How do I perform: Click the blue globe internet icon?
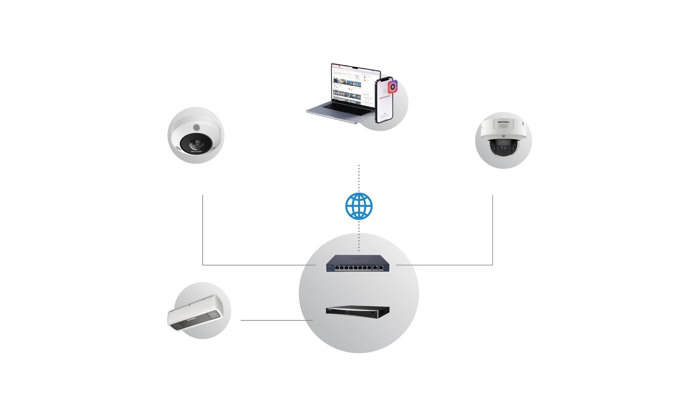tap(359, 206)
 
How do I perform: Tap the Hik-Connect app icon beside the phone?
tap(393, 86)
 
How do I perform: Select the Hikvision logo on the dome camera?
tap(503, 122)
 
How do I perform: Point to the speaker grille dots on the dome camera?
tap(503, 126)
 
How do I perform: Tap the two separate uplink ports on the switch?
tap(377, 268)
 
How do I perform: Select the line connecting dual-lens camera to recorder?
tap(276, 320)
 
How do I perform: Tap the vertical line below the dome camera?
tap(493, 229)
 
